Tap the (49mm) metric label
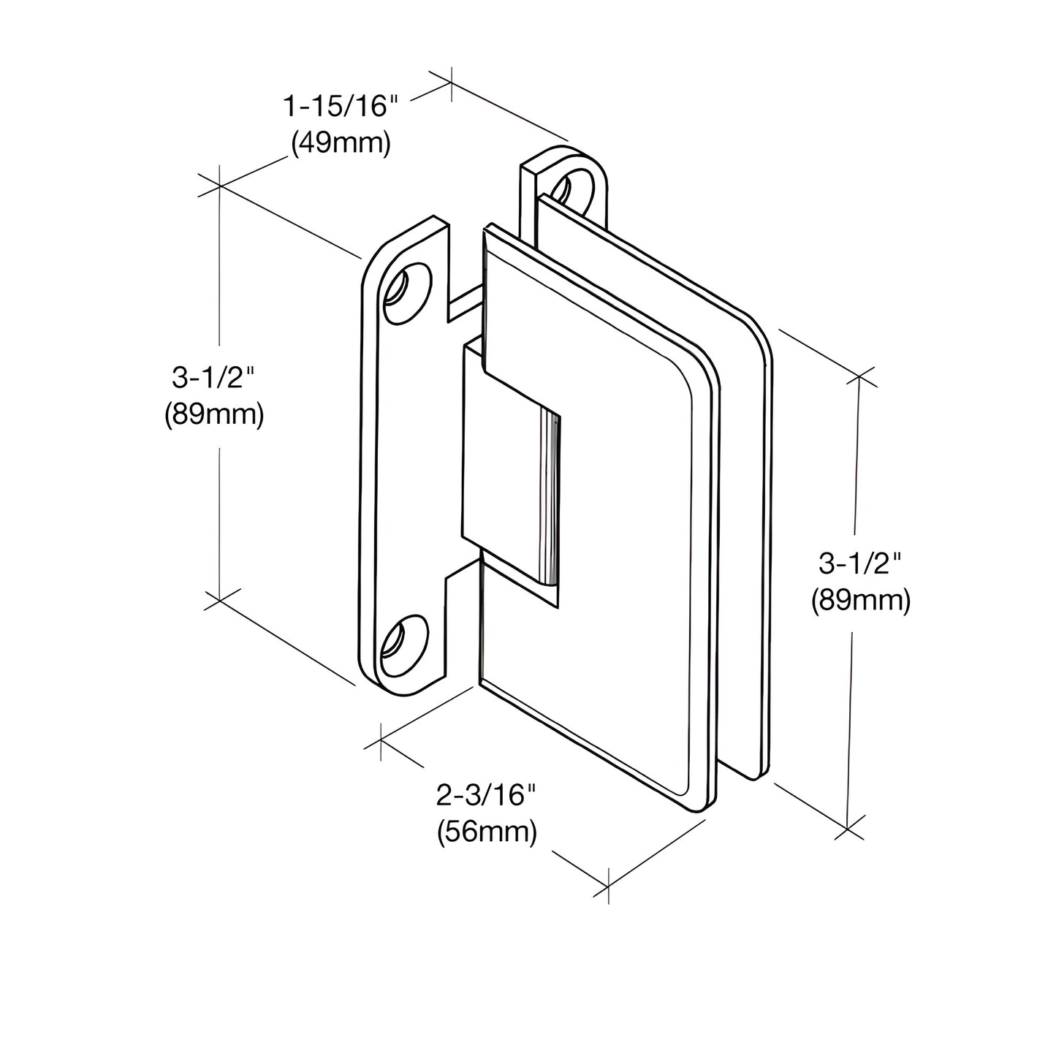[x=341, y=143]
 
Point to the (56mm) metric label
[x=487, y=832]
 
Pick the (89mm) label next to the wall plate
[x=213, y=415]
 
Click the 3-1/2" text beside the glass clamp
[x=860, y=563]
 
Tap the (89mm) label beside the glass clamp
[x=860, y=601]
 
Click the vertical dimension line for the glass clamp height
[x=853, y=694]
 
